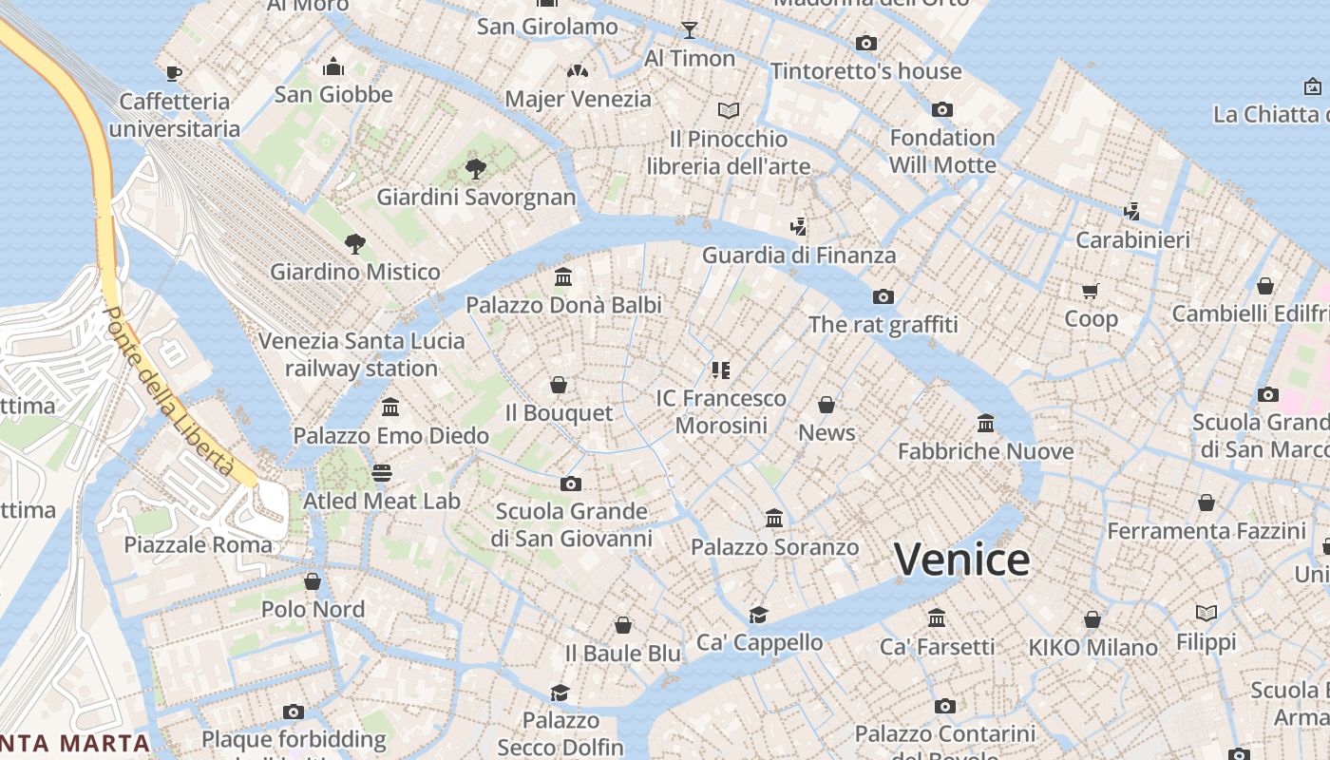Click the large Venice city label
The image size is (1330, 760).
coord(961,560)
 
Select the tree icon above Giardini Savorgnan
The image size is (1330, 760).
coord(476,169)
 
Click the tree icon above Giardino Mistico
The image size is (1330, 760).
coord(355,243)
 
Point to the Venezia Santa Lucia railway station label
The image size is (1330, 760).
coord(362,354)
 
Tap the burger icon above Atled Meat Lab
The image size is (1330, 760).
coord(382,472)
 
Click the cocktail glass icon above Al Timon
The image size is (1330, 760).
coord(690,29)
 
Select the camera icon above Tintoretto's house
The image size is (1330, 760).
coord(865,43)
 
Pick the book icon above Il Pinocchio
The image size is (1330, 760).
coord(729,111)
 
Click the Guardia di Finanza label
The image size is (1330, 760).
coord(799,255)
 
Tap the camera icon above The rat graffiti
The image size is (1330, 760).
coord(883,296)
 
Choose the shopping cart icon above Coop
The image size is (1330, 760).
coord(1091,291)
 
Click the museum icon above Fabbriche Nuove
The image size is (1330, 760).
coord(986,423)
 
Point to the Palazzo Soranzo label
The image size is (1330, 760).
coord(774,547)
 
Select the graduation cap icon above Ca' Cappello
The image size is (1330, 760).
coord(758,614)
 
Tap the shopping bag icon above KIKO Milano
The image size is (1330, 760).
coord(1092,619)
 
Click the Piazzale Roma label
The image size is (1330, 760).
coord(199,544)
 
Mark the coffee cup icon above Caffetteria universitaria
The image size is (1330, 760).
coord(174,72)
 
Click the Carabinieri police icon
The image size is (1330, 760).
coord(1131,211)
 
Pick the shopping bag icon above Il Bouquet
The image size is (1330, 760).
coord(559,385)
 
